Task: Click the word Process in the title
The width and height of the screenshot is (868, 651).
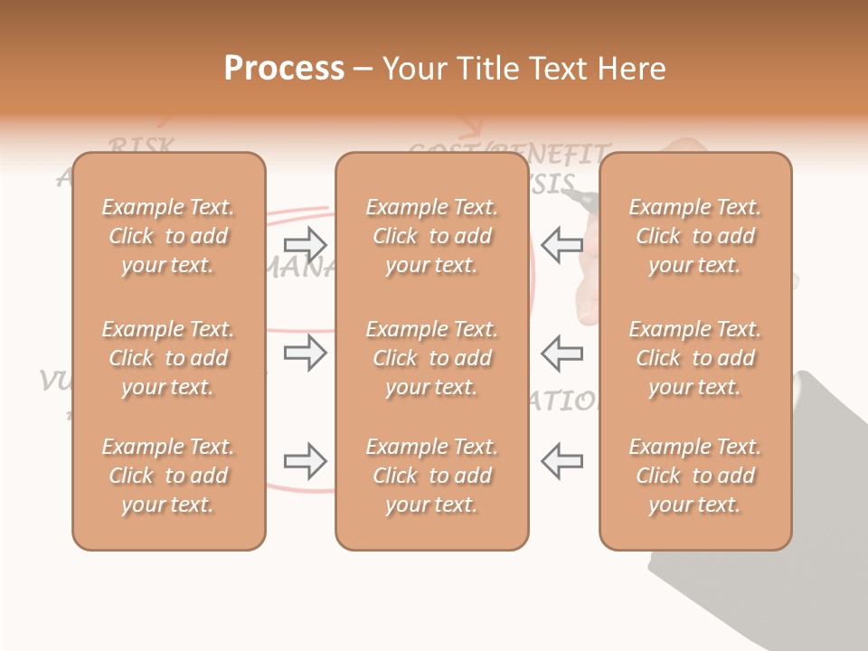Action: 284,69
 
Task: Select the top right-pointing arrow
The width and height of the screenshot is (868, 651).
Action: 305,244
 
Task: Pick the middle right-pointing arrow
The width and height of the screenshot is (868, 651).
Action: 305,353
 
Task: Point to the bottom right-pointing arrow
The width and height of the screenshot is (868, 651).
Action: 305,461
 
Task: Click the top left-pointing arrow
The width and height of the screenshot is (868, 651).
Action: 562,244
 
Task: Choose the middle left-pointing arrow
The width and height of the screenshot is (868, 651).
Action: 562,353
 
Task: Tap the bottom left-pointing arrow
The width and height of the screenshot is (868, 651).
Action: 562,461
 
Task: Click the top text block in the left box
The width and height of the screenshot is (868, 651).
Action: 168,236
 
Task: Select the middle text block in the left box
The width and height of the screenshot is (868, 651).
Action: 168,358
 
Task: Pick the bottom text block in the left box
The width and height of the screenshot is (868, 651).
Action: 168,476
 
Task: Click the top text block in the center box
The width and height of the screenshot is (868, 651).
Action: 432,236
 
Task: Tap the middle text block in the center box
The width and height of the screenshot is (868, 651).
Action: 432,358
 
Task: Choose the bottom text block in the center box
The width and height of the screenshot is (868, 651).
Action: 432,476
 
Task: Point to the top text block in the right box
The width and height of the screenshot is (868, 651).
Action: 695,236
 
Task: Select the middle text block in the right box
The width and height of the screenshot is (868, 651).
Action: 695,358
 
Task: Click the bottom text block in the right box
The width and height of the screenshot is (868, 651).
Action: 695,476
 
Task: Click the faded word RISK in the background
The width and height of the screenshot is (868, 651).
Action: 141,146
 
